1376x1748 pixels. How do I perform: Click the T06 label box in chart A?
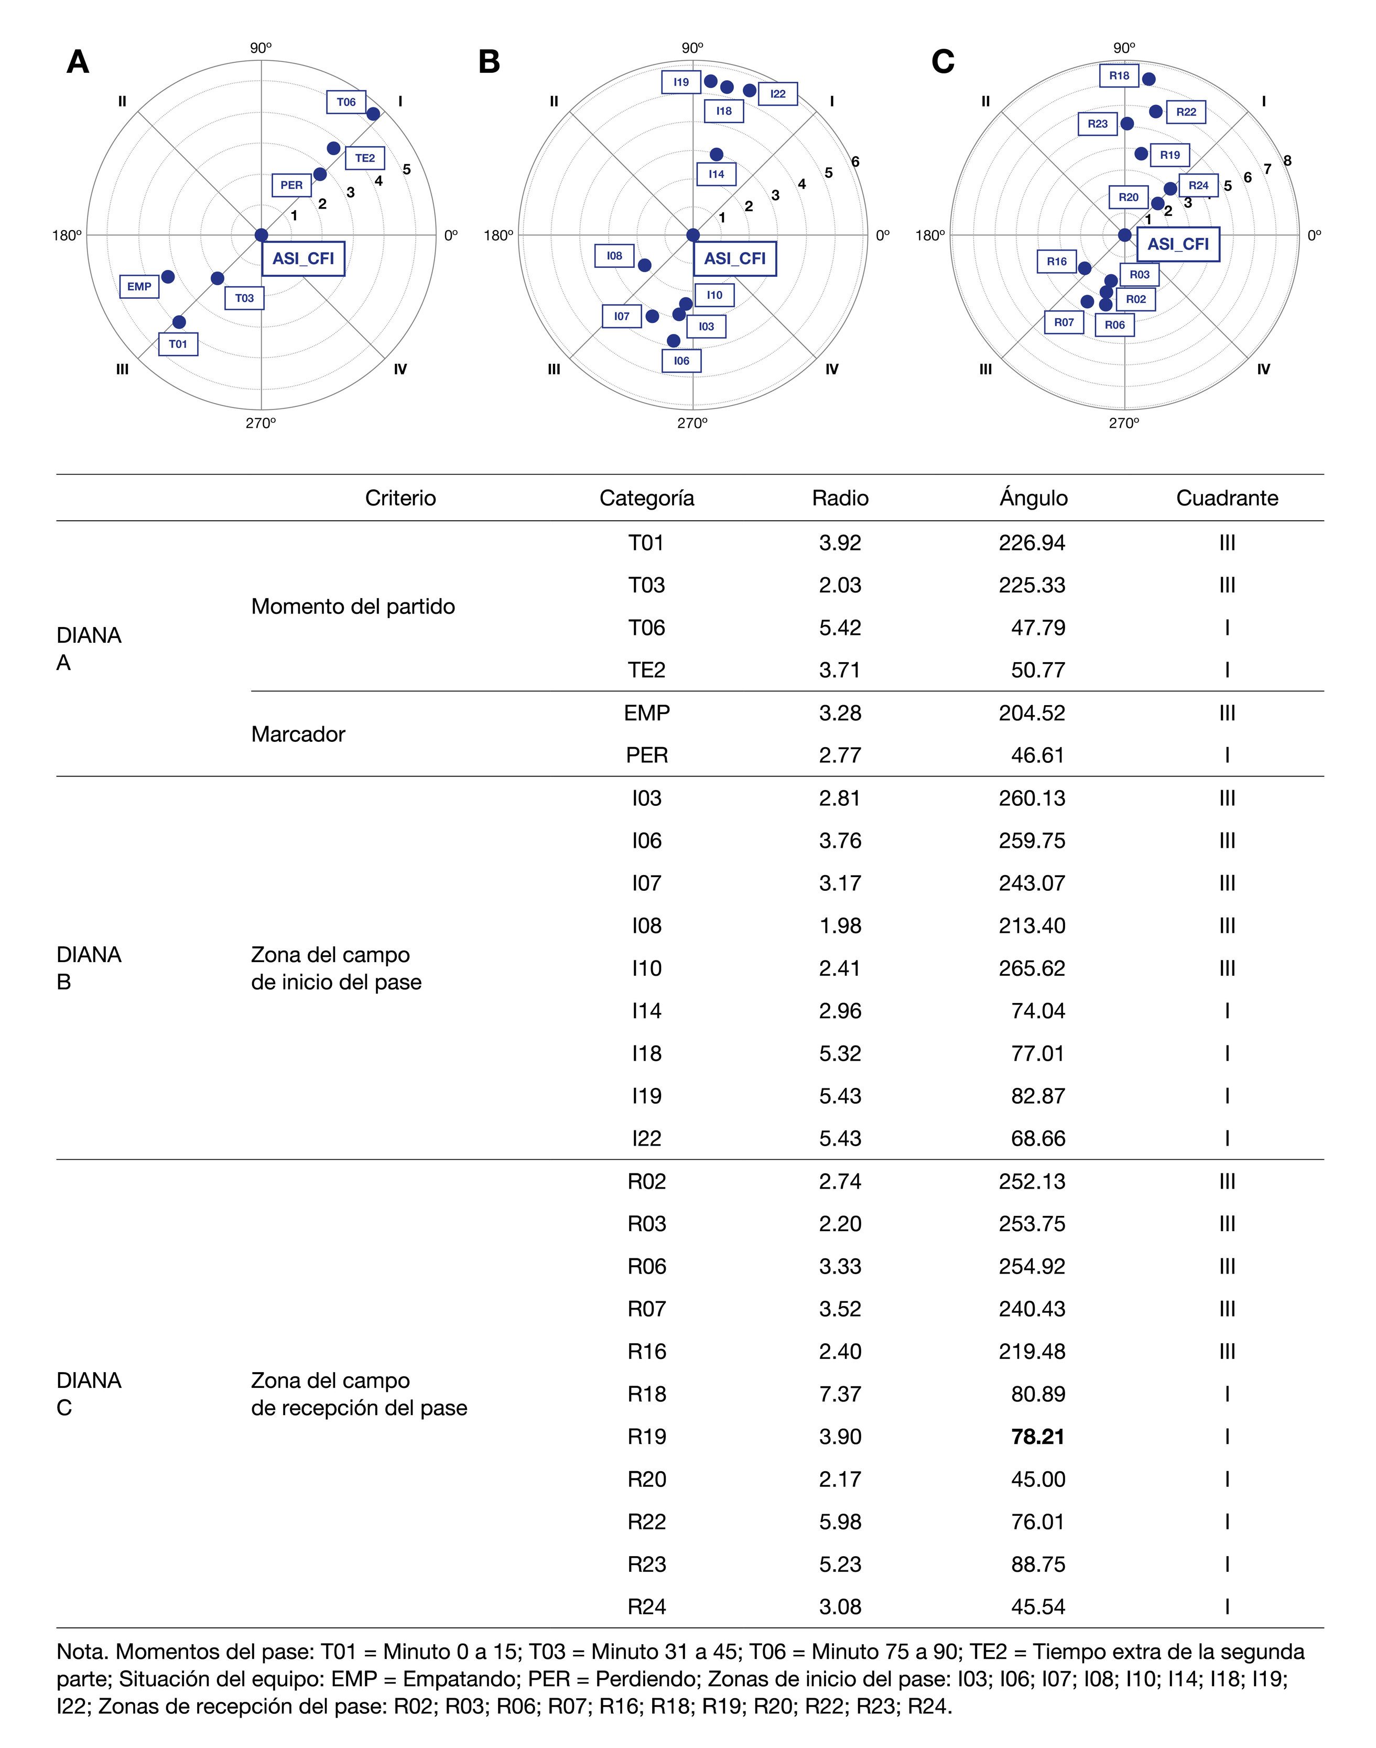[346, 102]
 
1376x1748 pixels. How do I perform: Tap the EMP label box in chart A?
[139, 286]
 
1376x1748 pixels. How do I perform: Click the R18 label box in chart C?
[1119, 75]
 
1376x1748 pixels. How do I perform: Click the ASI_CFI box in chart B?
[735, 258]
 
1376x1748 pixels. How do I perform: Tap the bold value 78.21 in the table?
[1038, 1436]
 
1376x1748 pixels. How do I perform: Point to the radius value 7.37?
[840, 1394]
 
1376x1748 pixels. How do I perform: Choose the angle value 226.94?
[1032, 542]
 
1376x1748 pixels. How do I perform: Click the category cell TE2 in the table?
[647, 670]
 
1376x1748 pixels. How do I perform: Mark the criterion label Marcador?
[298, 734]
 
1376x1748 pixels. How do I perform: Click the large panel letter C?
[942, 62]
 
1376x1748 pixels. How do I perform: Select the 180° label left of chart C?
[930, 235]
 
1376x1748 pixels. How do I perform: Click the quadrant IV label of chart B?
[831, 369]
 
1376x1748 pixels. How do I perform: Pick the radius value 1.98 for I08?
[840, 925]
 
